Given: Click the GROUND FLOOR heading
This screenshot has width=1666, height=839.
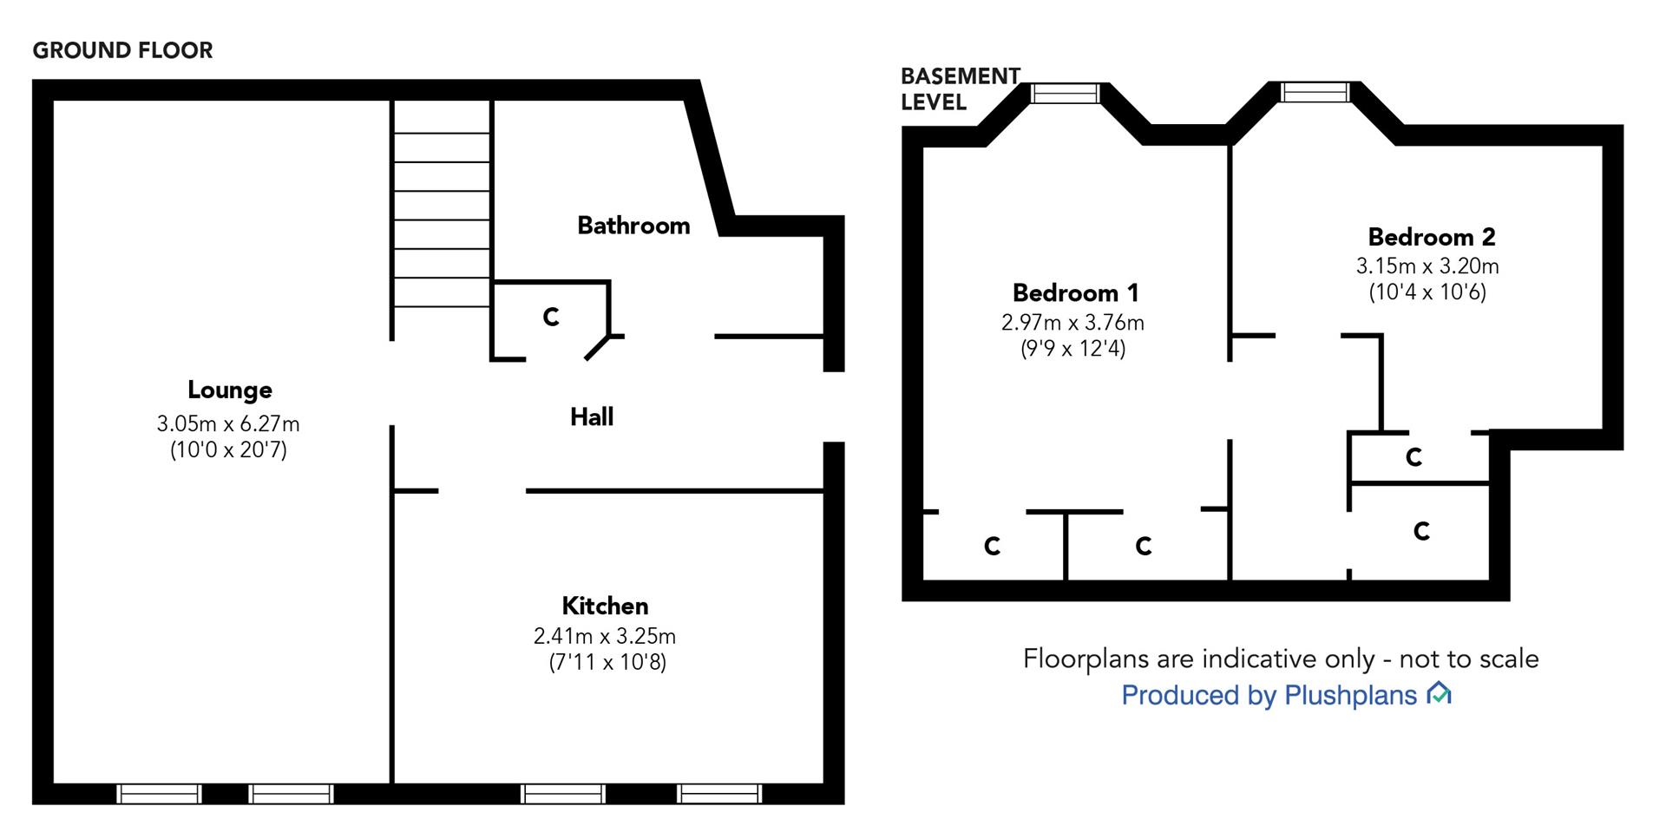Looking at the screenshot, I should pyautogui.click(x=122, y=50).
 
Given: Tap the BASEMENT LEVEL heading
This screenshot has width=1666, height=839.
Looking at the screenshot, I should pyautogui.click(x=959, y=89).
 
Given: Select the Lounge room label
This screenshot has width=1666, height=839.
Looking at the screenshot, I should pyautogui.click(x=230, y=390).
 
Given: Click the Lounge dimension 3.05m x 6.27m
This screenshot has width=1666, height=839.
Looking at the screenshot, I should pyautogui.click(x=228, y=424).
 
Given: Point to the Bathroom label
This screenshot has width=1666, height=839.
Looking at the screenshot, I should pyautogui.click(x=633, y=226).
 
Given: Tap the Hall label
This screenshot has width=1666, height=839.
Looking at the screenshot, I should pyautogui.click(x=592, y=417).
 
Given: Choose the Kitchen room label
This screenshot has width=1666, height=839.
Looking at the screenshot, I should pyautogui.click(x=605, y=606).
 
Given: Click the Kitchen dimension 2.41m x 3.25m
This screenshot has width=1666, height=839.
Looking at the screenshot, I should pyautogui.click(x=605, y=636).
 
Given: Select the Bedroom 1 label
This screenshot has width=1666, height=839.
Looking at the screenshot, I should pyautogui.click(x=1075, y=292).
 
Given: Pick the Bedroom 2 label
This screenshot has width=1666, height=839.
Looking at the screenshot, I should pyautogui.click(x=1432, y=237).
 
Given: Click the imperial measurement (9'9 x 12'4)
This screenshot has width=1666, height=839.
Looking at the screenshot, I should pyautogui.click(x=1073, y=349).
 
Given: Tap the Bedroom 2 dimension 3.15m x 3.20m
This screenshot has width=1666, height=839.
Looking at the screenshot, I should pyautogui.click(x=1427, y=266).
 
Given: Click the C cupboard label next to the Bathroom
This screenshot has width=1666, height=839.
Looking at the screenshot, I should pyautogui.click(x=550, y=318).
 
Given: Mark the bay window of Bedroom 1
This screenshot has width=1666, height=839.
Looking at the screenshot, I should pyautogui.click(x=1065, y=93).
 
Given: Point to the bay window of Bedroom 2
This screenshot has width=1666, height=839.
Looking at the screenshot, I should pyautogui.click(x=1315, y=92).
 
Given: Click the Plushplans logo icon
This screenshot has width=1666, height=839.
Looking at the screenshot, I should pyautogui.click(x=1440, y=693).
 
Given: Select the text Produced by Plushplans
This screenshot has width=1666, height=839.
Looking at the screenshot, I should pyautogui.click(x=1269, y=695).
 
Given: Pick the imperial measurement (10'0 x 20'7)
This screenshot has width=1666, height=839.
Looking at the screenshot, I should pyautogui.click(x=228, y=450).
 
